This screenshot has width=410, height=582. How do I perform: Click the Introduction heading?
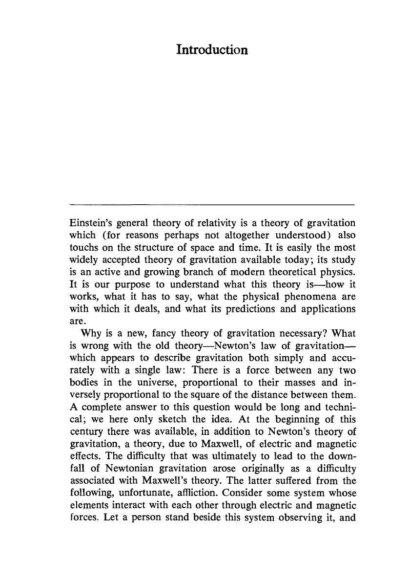point(212,50)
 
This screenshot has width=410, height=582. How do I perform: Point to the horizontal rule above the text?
point(212,204)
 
